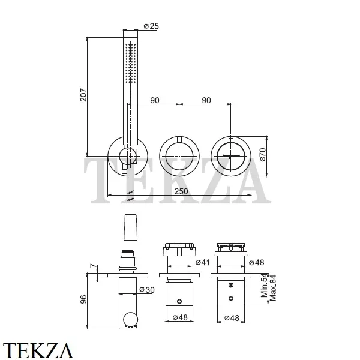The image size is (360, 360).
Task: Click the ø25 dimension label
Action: (151, 26)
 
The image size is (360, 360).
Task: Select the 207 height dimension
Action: (83, 95)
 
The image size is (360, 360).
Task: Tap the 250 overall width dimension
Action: (181, 191)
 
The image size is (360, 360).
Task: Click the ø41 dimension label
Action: (203, 262)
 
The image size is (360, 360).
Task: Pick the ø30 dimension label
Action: (147, 290)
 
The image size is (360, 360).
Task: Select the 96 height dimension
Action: (83, 299)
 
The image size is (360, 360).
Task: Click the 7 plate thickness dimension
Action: (93, 266)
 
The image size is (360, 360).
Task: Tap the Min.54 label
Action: (264, 286)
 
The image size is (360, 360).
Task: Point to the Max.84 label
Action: (273, 287)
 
